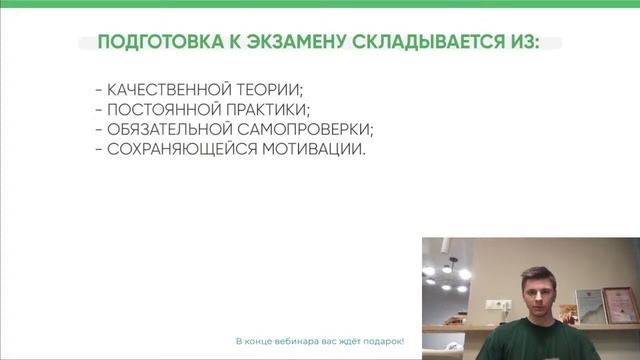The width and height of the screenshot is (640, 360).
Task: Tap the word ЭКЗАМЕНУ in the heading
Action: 291,42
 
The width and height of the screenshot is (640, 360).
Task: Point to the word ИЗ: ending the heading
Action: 521,42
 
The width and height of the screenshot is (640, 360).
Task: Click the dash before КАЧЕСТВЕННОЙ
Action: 96,89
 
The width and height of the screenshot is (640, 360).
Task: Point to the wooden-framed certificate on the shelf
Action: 618,305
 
